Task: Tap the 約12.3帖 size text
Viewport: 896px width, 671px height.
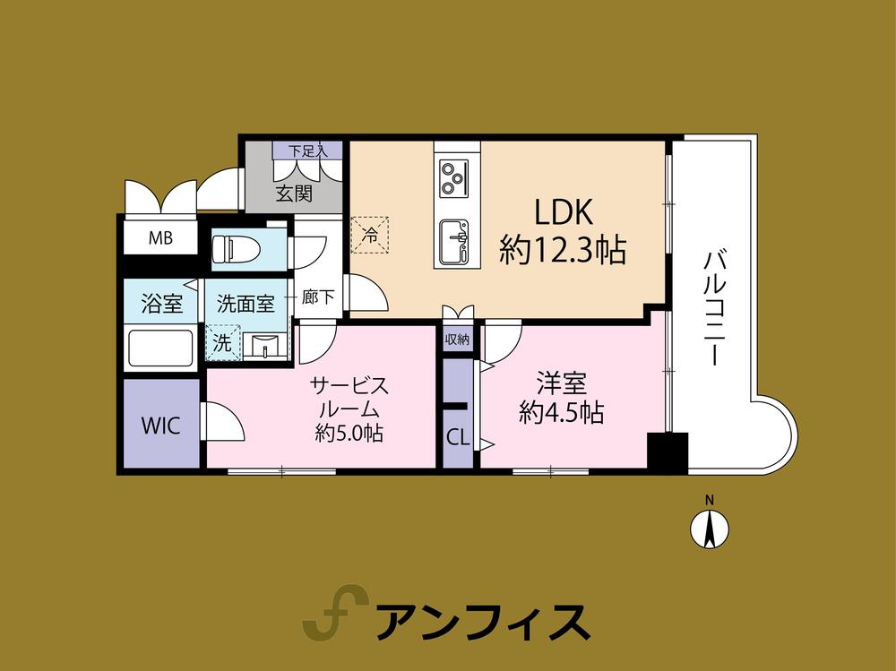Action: [563, 251]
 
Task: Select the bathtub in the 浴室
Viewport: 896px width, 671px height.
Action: [161, 348]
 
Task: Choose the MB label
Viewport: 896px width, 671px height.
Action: [160, 238]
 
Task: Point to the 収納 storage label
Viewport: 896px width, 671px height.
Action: [459, 340]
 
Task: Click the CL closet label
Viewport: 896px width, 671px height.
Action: [458, 438]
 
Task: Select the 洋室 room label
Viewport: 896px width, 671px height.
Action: [562, 383]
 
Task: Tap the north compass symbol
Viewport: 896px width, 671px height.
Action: [709, 527]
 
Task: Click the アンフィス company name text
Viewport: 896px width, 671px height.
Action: [482, 619]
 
